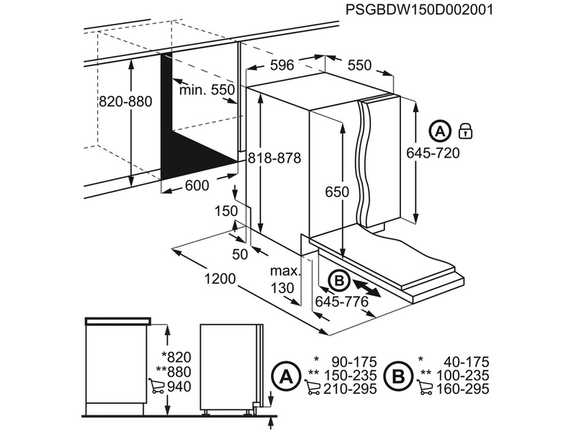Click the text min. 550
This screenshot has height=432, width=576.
click(207, 90)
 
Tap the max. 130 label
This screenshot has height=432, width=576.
click(284, 279)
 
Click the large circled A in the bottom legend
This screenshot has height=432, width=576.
click(285, 376)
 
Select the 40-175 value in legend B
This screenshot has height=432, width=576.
click(464, 362)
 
